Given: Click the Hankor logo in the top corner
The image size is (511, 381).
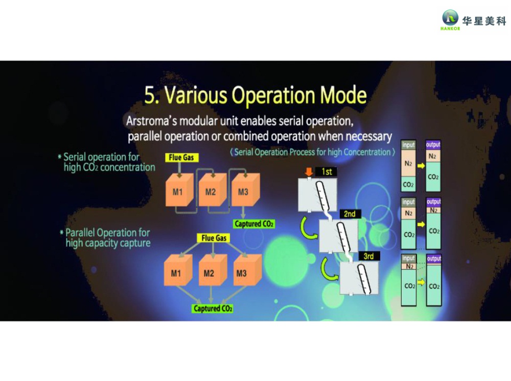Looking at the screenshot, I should tap(450, 19).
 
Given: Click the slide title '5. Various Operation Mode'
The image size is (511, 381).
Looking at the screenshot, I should tap(255, 95).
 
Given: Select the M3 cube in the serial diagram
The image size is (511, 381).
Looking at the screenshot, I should tap(243, 191).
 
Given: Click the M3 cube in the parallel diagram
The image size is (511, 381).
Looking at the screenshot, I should tap(242, 273).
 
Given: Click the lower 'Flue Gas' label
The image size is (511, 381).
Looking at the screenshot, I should tap(214, 238).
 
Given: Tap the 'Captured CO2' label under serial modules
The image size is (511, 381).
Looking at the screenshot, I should tap(254, 224).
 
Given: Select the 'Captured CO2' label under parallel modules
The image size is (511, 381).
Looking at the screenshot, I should tap(213, 309).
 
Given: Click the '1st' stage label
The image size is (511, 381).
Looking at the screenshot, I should tap(327, 172).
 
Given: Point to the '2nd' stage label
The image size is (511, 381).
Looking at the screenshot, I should tap(350, 214).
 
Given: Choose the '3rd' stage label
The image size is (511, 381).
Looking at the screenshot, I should tap(368, 256).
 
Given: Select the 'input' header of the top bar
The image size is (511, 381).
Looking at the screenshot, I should tap(408, 145).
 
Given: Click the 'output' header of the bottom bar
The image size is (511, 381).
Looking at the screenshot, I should tap(433, 259).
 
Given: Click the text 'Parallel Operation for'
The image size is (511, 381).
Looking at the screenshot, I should tap(107, 233).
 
